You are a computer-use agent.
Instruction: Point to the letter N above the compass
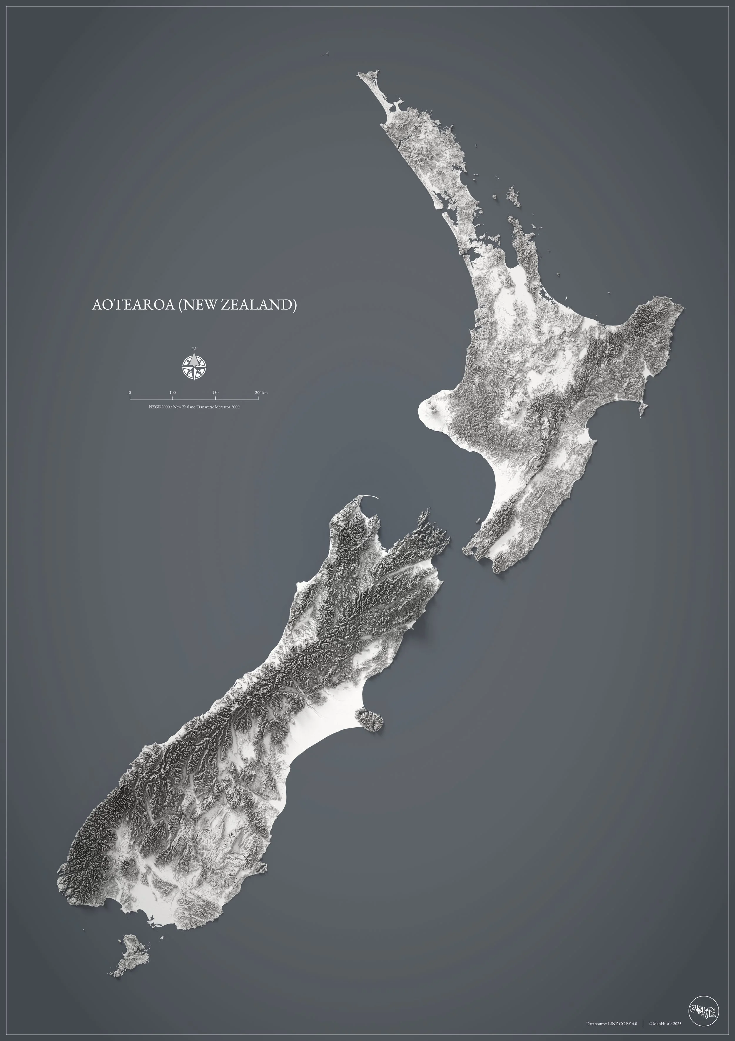tap(194, 349)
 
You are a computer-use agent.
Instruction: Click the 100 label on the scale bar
tap(172, 393)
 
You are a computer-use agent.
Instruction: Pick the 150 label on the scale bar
tap(216, 393)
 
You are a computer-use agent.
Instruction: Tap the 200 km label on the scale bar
tap(261, 393)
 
